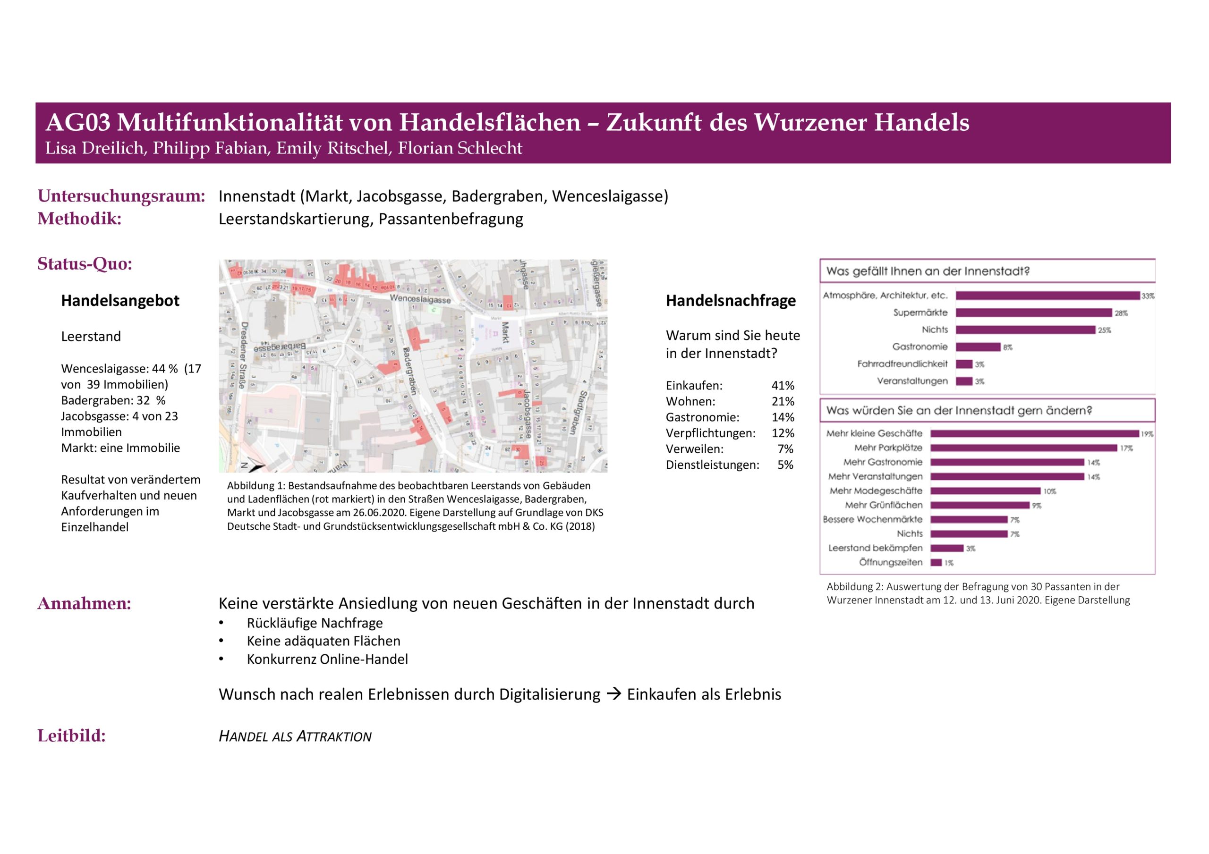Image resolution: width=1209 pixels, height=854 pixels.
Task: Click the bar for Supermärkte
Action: tap(1033, 313)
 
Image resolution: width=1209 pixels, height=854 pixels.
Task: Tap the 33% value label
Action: tap(1148, 296)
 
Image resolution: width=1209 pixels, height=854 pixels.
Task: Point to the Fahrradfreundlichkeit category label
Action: tap(902, 364)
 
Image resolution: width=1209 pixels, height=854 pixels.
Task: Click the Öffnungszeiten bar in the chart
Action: tap(936, 562)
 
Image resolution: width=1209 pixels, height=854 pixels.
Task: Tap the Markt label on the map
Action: tap(504, 332)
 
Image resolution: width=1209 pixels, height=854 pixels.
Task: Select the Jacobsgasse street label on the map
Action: tap(526, 414)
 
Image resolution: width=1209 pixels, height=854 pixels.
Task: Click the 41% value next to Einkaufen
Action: tap(783, 385)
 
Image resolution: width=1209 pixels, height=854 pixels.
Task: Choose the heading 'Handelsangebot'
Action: tap(120, 301)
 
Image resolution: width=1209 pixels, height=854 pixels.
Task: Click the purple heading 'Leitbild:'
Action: tap(72, 736)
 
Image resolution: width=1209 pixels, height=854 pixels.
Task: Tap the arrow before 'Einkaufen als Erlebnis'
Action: tap(613, 694)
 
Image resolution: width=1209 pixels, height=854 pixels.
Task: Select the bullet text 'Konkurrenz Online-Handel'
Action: tap(327, 659)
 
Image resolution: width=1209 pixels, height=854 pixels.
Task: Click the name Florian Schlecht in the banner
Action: tap(460, 148)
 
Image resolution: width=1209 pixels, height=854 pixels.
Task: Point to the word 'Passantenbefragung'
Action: tap(451, 219)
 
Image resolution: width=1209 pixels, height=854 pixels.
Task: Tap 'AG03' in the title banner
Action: tap(78, 122)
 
